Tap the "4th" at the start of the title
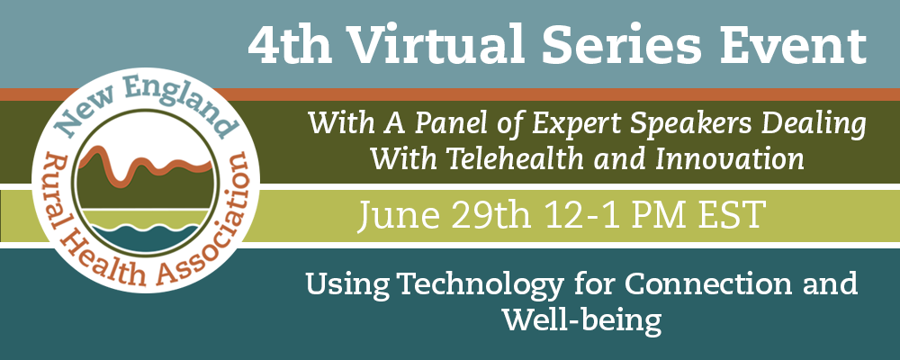pos(289,45)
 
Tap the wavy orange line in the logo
pos(147,166)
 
